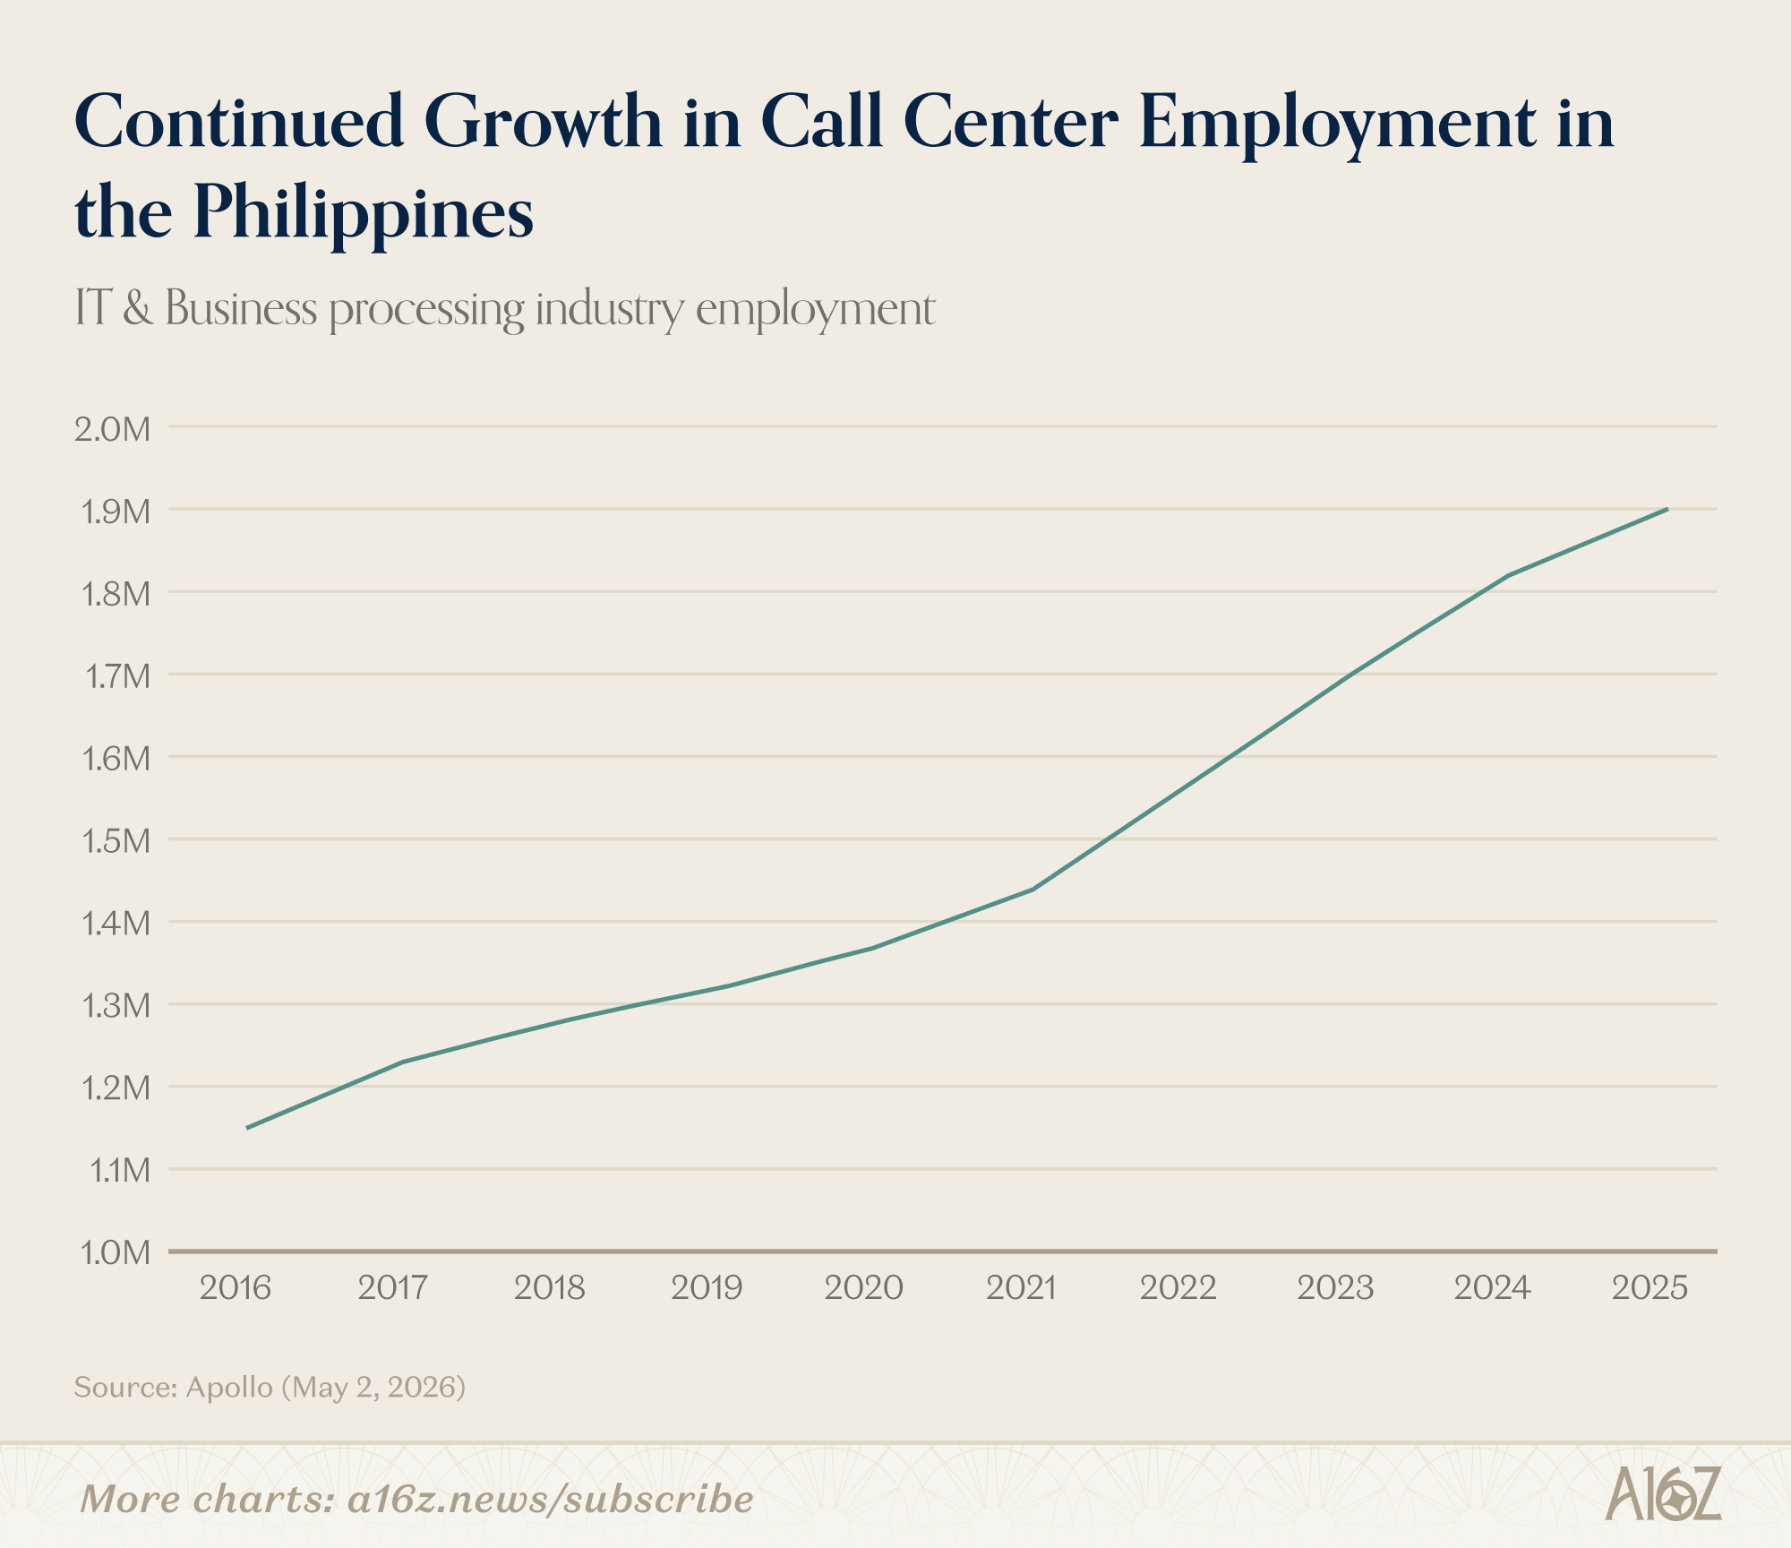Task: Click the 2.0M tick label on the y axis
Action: pos(113,429)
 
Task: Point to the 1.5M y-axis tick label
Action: pos(115,841)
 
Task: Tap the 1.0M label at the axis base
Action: pos(115,1252)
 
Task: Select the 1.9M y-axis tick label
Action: pos(115,512)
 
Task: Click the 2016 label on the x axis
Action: pos(235,1288)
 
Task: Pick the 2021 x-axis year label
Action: pos(1022,1288)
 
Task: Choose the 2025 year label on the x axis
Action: pos(1650,1288)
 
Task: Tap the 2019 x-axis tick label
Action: pos(707,1288)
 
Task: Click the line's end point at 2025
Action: pos(1667,509)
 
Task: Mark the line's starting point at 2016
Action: pos(247,1128)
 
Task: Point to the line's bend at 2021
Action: pos(1033,890)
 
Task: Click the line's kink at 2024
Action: pos(1510,575)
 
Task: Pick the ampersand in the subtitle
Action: pos(138,309)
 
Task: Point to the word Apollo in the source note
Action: pos(229,1388)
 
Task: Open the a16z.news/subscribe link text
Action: pos(550,1500)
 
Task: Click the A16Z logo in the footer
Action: pos(1663,1494)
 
